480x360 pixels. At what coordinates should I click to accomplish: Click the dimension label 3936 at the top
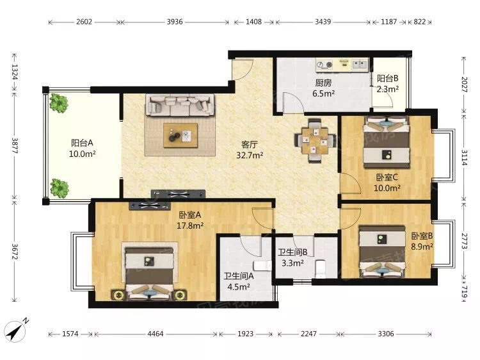[175, 22]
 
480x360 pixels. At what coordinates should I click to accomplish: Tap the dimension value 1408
[254, 22]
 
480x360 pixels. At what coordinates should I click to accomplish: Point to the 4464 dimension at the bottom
[156, 334]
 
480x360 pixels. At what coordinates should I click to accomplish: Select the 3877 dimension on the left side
[15, 146]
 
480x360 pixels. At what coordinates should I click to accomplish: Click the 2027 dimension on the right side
[465, 85]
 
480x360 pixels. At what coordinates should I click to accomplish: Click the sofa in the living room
[179, 105]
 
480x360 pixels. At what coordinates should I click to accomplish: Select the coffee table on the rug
[180, 135]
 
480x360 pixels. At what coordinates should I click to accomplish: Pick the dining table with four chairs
[316, 140]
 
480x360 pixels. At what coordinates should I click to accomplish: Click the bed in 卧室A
[149, 273]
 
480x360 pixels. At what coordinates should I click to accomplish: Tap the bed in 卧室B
[382, 252]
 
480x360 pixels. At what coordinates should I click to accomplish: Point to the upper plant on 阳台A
[58, 103]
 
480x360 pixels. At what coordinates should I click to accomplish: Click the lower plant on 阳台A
[59, 188]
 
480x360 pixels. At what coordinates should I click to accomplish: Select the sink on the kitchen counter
[360, 64]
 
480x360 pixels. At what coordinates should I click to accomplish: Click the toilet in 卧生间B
[320, 268]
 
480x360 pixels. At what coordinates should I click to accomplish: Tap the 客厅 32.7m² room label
[250, 150]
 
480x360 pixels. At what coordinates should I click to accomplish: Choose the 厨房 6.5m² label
[323, 88]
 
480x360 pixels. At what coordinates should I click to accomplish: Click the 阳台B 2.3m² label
[388, 84]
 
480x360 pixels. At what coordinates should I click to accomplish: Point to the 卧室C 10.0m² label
[387, 183]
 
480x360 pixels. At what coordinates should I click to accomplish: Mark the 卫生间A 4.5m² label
[239, 282]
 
